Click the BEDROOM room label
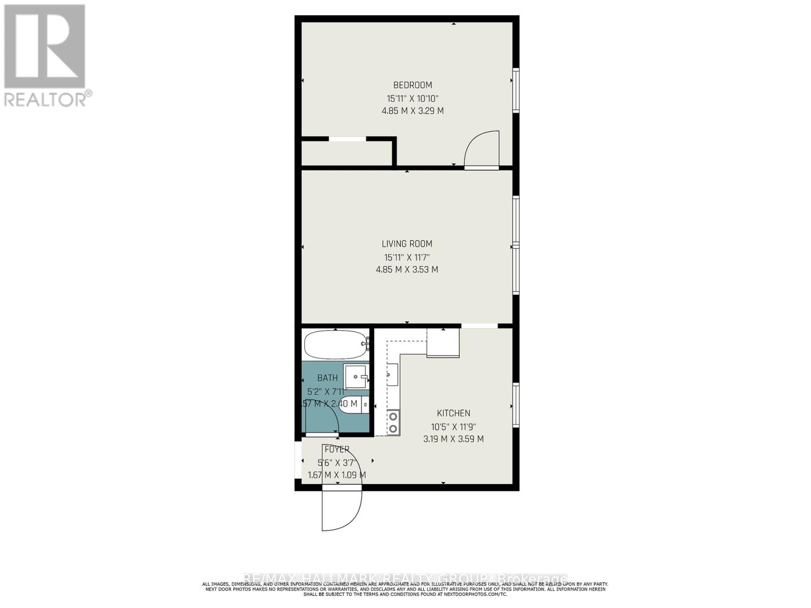pyautogui.click(x=413, y=85)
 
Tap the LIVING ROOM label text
pyautogui.click(x=407, y=244)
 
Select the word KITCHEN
pyautogui.click(x=454, y=413)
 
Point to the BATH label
pyautogui.click(x=327, y=378)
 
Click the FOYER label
pyautogui.click(x=337, y=449)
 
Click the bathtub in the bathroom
pyautogui.click(x=336, y=345)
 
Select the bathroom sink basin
pyautogui.click(x=356, y=376)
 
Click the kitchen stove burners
pyautogui.click(x=393, y=423)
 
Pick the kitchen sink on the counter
pyautogui.click(x=392, y=375)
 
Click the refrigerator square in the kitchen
pyautogui.click(x=443, y=343)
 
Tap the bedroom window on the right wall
pyautogui.click(x=516, y=90)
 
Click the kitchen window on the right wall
pyautogui.click(x=516, y=405)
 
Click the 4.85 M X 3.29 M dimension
pyautogui.click(x=413, y=111)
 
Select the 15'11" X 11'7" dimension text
pyautogui.click(x=407, y=257)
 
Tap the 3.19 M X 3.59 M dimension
pyautogui.click(x=454, y=439)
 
